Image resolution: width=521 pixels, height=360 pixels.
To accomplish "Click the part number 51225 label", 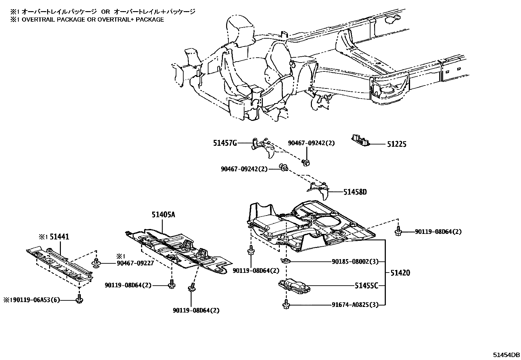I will pyautogui.click(x=397, y=144).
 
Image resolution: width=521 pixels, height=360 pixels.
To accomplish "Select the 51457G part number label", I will pyautogui.click(x=225, y=143).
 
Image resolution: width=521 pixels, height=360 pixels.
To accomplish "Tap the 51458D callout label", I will pyautogui.click(x=355, y=192).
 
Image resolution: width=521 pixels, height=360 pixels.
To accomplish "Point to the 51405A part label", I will pyautogui.click(x=163, y=215).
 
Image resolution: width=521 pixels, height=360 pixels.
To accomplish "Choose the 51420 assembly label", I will pyautogui.click(x=399, y=273).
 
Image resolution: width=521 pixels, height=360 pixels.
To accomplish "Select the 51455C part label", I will pyautogui.click(x=366, y=286).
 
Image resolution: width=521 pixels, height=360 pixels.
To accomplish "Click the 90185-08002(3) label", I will pyautogui.click(x=355, y=261).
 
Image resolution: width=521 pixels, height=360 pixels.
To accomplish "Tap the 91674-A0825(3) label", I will pyautogui.click(x=355, y=305).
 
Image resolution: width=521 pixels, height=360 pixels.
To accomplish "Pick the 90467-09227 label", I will pyautogui.click(x=135, y=263).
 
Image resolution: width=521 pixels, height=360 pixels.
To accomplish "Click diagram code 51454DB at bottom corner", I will pyautogui.click(x=507, y=354).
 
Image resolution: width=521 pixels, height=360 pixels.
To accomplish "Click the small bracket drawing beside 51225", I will pyautogui.click(x=361, y=140).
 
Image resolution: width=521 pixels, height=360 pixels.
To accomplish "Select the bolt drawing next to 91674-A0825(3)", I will pyautogui.click(x=285, y=304).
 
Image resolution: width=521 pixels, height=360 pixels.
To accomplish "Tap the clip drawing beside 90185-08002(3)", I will pyautogui.click(x=286, y=261).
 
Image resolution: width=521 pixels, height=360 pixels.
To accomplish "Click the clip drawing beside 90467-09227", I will pyautogui.click(x=97, y=262).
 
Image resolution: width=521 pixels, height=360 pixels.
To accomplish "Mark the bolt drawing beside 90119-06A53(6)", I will pyautogui.click(x=79, y=299).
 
